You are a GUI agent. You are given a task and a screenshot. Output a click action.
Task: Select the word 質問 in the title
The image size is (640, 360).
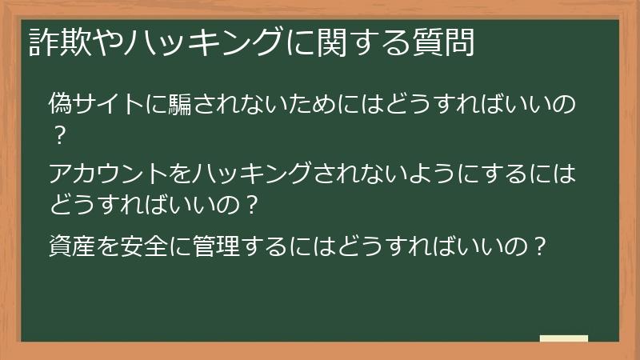pos(448,42)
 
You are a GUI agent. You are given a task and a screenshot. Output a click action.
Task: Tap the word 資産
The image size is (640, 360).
pos(70,244)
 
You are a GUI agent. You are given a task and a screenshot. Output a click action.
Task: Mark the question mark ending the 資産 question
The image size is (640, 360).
pos(540,244)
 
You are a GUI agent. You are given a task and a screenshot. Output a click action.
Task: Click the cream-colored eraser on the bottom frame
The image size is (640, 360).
pos(563,338)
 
